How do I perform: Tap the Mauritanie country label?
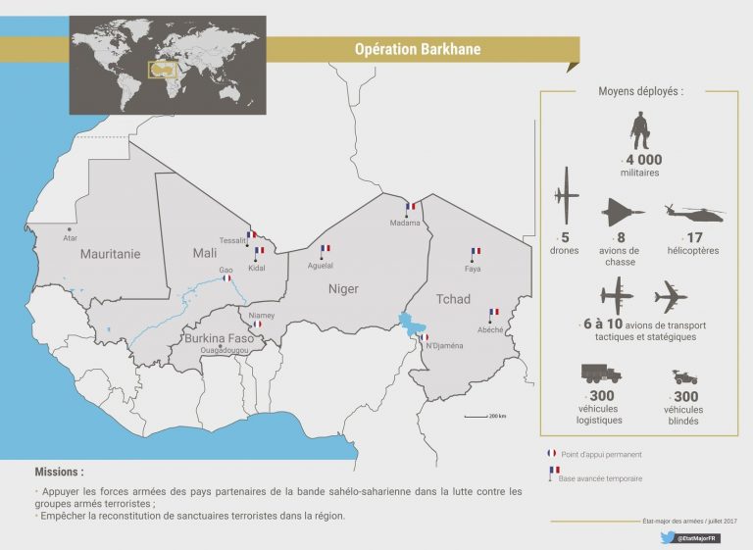(110, 254)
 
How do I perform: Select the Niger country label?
(343, 289)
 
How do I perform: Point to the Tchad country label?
(453, 299)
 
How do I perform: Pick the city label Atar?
(69, 238)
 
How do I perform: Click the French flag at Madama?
(412, 207)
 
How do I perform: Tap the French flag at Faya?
(476, 252)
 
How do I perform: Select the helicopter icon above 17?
(694, 213)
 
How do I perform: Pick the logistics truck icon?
(600, 375)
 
